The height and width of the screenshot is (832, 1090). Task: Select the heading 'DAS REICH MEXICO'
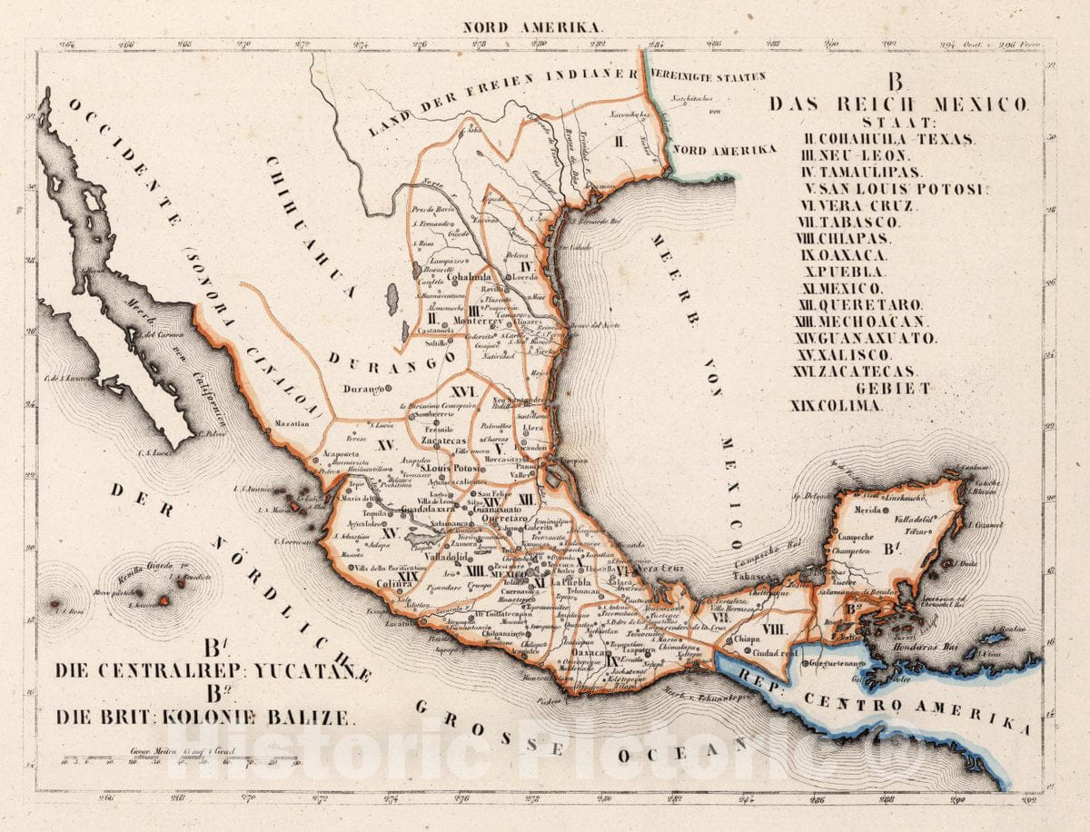click(x=899, y=104)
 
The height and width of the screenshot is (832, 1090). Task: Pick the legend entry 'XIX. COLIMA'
click(x=836, y=406)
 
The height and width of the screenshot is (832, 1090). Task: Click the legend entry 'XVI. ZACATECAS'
click(x=867, y=371)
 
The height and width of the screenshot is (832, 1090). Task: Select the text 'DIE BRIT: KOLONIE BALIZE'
click(x=203, y=717)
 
